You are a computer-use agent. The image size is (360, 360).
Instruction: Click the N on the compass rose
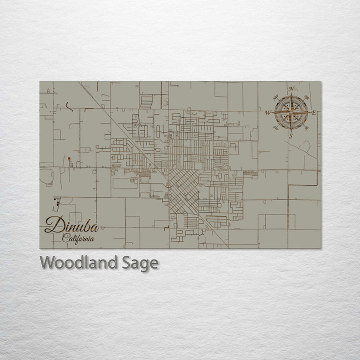(290, 89)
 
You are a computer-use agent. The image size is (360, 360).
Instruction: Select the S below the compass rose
(290, 135)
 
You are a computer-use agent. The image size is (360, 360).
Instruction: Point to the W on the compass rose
(267, 112)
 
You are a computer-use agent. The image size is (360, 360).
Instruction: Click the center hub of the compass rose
(290, 112)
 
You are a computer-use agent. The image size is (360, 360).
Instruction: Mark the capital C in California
(64, 238)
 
